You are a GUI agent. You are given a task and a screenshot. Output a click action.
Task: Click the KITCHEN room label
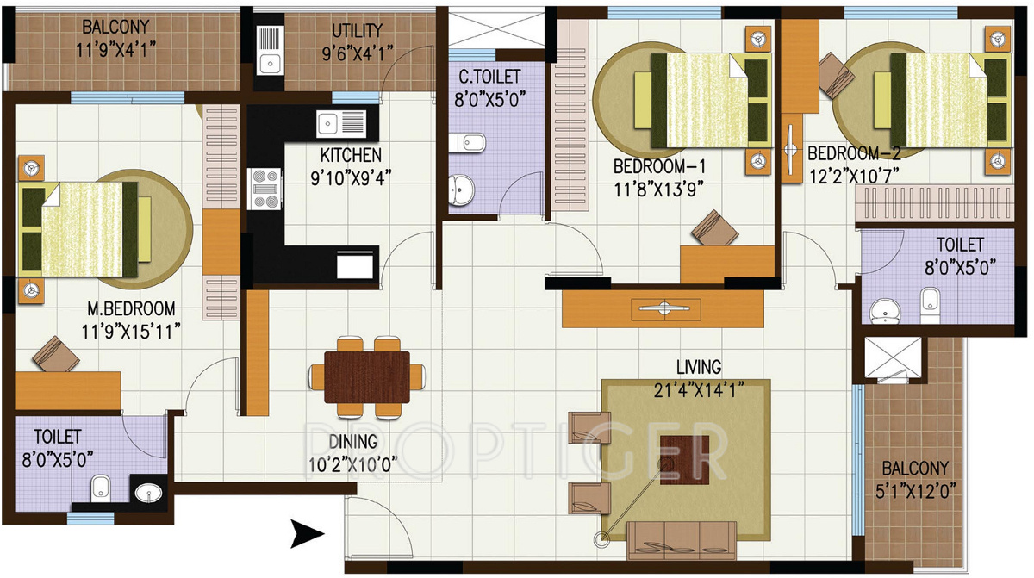(x=351, y=156)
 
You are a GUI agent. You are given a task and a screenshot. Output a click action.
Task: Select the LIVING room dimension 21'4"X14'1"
(x=699, y=390)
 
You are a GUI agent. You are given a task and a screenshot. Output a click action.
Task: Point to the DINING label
(x=352, y=442)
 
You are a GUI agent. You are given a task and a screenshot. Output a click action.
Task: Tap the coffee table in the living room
(x=685, y=459)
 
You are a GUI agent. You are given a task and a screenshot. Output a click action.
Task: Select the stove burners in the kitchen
(x=265, y=189)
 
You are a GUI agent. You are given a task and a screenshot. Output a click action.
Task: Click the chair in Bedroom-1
(x=715, y=229)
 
